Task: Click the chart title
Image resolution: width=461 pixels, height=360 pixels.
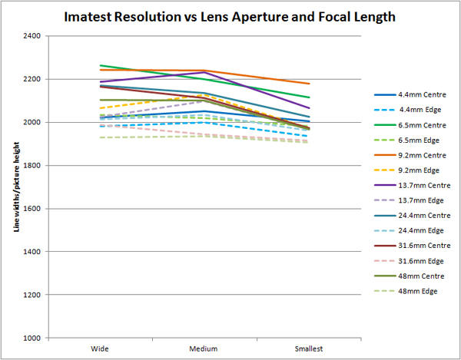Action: tap(230, 16)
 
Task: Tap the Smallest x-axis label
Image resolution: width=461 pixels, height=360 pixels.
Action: tap(309, 348)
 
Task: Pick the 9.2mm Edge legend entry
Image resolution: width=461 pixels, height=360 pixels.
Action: tap(420, 170)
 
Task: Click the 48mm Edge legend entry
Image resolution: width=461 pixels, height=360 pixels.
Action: tap(419, 291)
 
